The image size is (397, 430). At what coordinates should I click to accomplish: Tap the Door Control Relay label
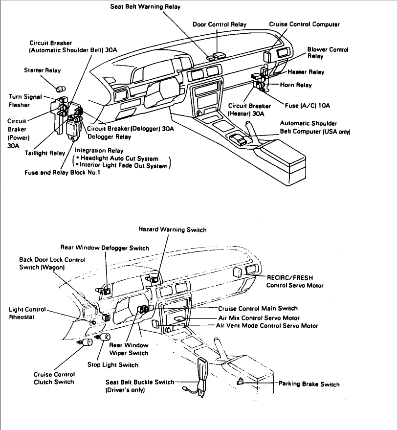[x=220, y=24]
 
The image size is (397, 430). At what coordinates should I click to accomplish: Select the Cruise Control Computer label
[x=304, y=24]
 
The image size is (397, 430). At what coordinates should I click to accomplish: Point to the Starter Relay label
[x=43, y=70]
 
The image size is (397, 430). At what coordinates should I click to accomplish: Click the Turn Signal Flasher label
[x=25, y=101]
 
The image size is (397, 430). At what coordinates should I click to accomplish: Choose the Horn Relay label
[x=296, y=85]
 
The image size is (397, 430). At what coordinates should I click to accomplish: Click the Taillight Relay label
[x=45, y=153]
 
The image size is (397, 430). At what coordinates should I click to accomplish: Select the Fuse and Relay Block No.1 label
[x=63, y=173]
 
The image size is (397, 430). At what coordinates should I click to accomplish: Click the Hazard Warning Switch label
[x=173, y=229]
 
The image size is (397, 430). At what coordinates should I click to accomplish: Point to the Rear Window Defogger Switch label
[x=105, y=248]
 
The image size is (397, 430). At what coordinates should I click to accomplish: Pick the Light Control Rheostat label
[x=27, y=313]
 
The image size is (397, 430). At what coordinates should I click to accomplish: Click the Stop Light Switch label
[x=113, y=364]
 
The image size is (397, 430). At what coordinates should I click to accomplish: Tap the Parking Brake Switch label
[x=309, y=384]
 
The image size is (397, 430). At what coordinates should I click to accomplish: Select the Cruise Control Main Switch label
[x=258, y=309]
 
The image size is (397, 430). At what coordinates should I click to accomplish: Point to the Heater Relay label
[x=306, y=72]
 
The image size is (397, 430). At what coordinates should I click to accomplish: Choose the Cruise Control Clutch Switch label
[x=54, y=378]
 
